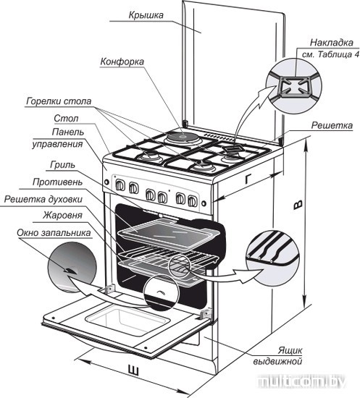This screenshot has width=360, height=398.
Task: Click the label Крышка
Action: [146, 15]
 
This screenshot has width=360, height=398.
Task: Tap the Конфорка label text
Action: [122, 62]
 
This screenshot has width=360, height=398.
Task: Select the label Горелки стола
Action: [59, 101]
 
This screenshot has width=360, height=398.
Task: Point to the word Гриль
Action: [63, 165]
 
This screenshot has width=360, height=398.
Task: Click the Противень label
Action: [58, 182]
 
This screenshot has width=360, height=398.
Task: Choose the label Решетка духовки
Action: [43, 199]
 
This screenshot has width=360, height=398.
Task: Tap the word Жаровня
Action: [62, 215]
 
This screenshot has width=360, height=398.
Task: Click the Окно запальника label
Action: [54, 233]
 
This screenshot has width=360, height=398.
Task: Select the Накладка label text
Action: [332, 43]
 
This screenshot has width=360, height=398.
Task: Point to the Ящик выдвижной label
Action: [278, 355]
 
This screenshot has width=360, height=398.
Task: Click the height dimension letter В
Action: [298, 205]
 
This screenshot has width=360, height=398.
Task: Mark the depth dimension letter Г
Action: [248, 179]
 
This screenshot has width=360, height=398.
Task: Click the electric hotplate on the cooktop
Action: [182, 137]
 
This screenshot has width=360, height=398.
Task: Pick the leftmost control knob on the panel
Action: [120, 185]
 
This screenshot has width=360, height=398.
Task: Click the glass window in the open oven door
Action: [127, 319]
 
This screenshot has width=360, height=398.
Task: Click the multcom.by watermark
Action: [301, 381]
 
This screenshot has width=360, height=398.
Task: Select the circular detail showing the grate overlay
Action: [293, 85]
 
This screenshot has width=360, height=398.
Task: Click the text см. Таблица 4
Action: [331, 54]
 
